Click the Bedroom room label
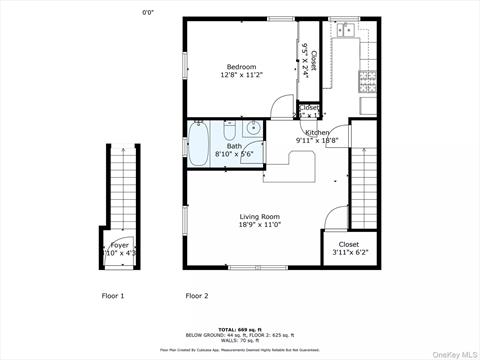238,66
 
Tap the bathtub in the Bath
198,141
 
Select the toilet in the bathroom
230,132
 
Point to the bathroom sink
252,128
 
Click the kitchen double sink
347,31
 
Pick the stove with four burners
366,76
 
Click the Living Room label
259,217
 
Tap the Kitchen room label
317,132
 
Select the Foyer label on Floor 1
119,244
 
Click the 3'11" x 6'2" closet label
348,244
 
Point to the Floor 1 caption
113,296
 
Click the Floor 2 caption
197,296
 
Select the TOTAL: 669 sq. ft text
240,328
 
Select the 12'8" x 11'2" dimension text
238,75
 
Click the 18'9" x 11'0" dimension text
259,226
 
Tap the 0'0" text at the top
148,12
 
